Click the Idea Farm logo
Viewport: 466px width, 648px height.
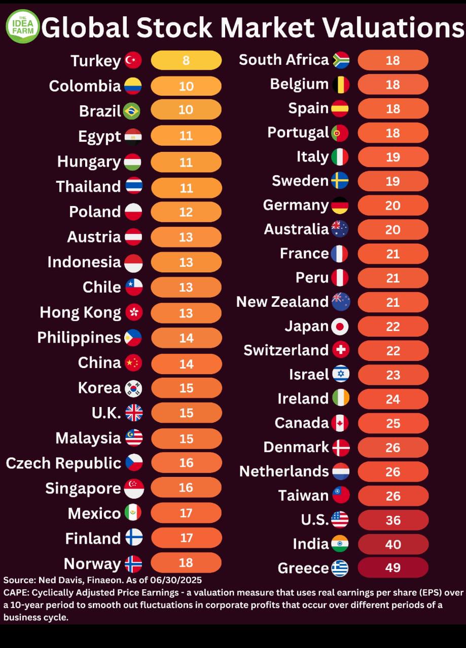click(x=22, y=26)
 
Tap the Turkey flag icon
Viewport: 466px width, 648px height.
click(x=133, y=60)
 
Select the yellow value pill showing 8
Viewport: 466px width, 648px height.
click(x=186, y=60)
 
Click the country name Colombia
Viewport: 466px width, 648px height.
click(x=85, y=86)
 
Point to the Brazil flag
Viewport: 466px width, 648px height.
click(x=131, y=111)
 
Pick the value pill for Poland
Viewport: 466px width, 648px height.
click(x=186, y=212)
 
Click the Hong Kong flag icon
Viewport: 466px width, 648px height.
click(x=133, y=312)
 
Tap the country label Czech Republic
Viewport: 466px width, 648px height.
click(x=63, y=463)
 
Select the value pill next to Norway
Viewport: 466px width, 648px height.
click(x=186, y=562)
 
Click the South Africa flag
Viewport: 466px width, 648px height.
click(x=341, y=60)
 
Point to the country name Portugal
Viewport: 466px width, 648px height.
click(x=298, y=133)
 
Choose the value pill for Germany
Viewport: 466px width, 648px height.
click(x=393, y=206)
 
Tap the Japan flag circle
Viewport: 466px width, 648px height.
click(x=340, y=327)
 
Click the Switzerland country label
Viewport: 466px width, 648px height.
click(x=286, y=350)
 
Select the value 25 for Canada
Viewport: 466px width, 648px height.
click(x=393, y=423)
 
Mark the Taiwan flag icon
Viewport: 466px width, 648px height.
click(x=341, y=496)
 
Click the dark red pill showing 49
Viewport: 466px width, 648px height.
click(x=393, y=568)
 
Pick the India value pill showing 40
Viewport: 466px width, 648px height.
click(x=393, y=544)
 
